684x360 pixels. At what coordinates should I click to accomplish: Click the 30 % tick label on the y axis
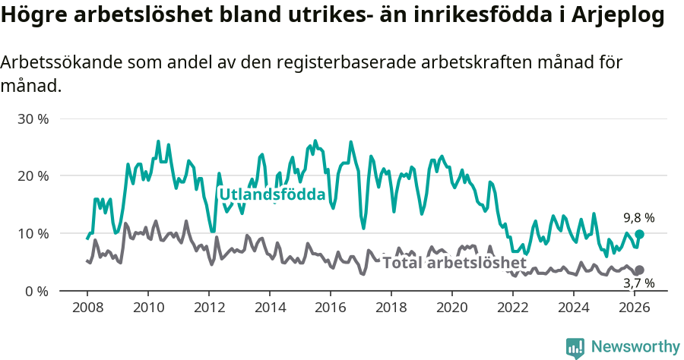pyautogui.click(x=33, y=119)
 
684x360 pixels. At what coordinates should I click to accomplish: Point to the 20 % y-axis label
pyautogui.click(x=33, y=176)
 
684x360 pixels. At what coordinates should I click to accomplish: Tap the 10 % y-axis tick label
pyautogui.click(x=33, y=233)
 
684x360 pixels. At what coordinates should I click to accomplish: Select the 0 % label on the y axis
pyautogui.click(x=36, y=291)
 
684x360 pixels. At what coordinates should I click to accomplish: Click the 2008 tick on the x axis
pyautogui.click(x=87, y=308)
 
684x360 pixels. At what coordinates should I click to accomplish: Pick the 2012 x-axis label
pyautogui.click(x=209, y=308)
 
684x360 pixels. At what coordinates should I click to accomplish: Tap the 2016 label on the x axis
pyautogui.click(x=331, y=308)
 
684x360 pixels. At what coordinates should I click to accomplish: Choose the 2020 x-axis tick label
pyautogui.click(x=452, y=308)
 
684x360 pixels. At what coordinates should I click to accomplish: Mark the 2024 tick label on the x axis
pyautogui.click(x=574, y=308)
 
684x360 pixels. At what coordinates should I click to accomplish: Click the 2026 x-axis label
pyautogui.click(x=635, y=308)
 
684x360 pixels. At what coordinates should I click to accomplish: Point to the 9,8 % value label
pyautogui.click(x=638, y=218)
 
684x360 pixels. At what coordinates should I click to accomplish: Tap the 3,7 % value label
pyautogui.click(x=638, y=283)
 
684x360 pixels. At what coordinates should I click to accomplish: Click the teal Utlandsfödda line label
pyautogui.click(x=272, y=195)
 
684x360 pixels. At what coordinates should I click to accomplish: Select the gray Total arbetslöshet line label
pyautogui.click(x=454, y=263)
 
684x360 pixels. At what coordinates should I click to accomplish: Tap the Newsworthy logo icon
pyautogui.click(x=575, y=347)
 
